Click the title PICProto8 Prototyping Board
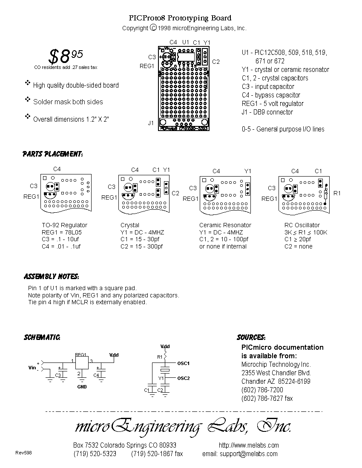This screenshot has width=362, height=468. pyautogui.click(x=180, y=18)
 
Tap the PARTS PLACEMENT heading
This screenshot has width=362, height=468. pyautogui.click(x=52, y=154)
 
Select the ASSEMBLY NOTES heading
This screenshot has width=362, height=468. pyautogui.click(x=51, y=277)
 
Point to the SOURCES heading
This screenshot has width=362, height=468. pyautogui.click(x=251, y=337)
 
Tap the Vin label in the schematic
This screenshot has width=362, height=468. pyautogui.click(x=32, y=367)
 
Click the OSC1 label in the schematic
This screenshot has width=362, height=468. pyautogui.click(x=184, y=363)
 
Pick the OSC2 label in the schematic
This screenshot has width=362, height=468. pyautogui.click(x=184, y=378)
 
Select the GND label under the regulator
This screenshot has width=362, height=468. pyautogui.click(x=82, y=387)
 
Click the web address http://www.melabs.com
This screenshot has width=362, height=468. pyautogui.click(x=249, y=445)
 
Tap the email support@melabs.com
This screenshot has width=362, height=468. pyautogui.click(x=241, y=454)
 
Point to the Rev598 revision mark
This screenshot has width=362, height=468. pyautogui.click(x=23, y=453)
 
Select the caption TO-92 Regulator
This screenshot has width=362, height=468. pyautogui.click(x=64, y=225)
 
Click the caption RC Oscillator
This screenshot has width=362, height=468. pyautogui.click(x=302, y=225)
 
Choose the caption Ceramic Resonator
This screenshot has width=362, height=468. pyautogui.click(x=225, y=225)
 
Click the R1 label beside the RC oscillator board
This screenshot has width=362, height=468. pyautogui.click(x=337, y=193)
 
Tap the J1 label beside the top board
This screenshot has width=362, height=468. pyautogui.click(x=151, y=123)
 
